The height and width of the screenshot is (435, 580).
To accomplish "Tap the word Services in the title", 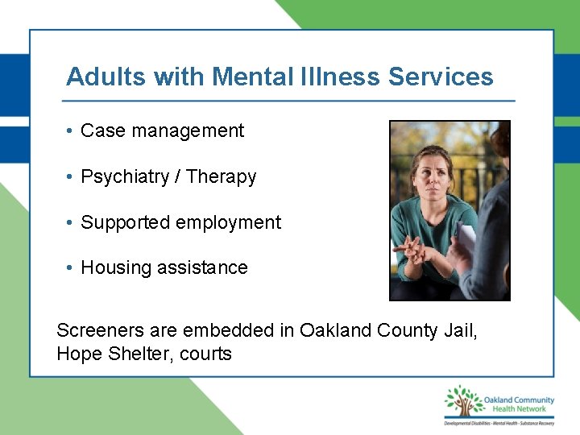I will click(441, 77).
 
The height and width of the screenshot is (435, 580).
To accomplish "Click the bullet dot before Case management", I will click(71, 130).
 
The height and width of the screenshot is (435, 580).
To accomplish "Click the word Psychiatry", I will click(125, 176).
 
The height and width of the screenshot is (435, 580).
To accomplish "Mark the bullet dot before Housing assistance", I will click(71, 268).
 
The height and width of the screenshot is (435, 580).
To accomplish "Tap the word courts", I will click(205, 354).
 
